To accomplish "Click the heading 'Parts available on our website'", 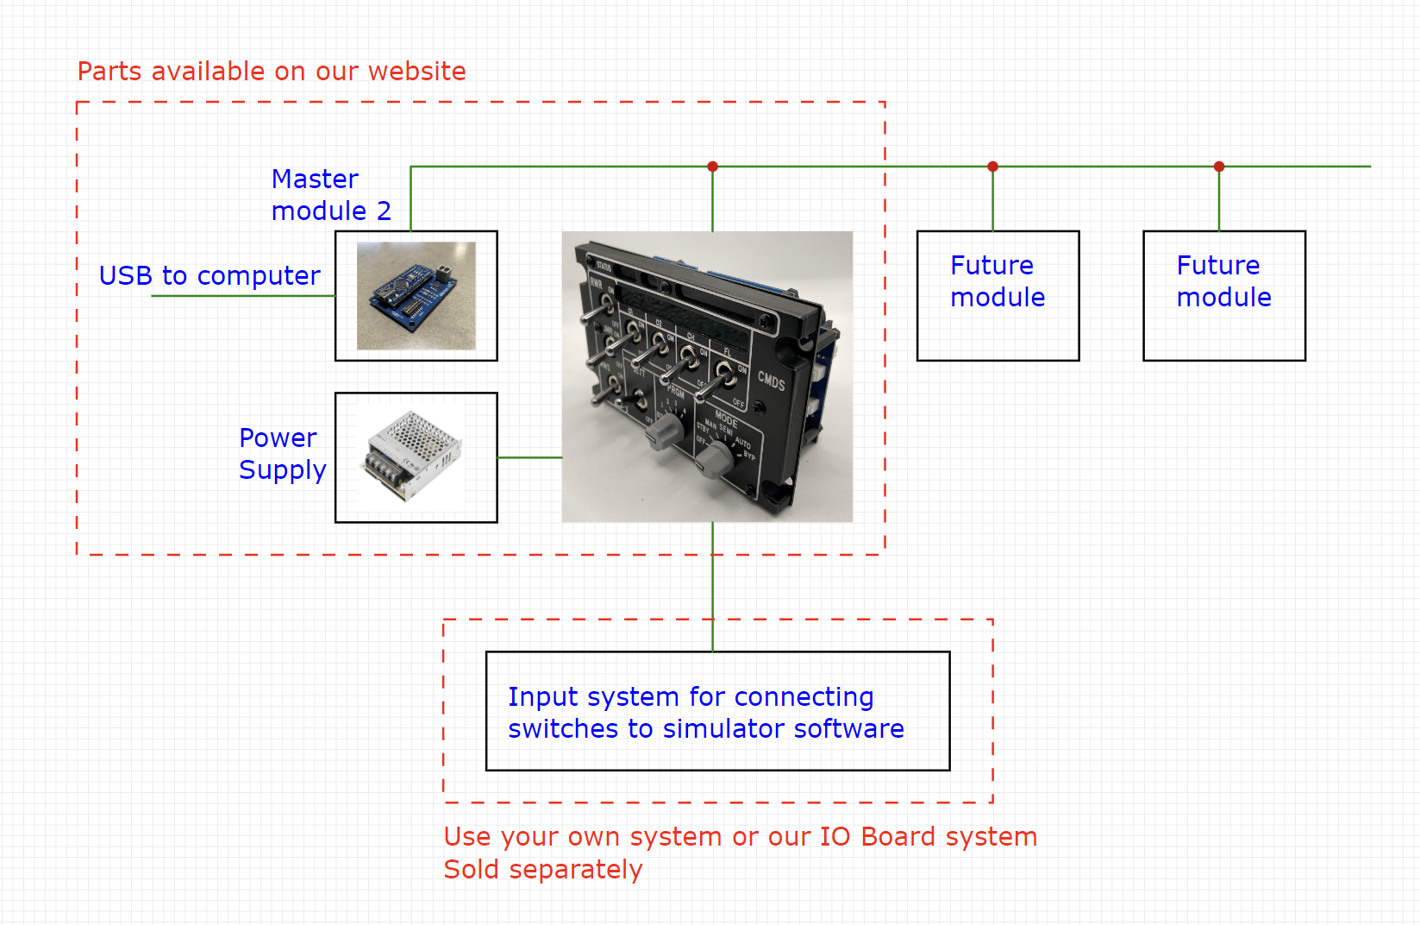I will pyautogui.click(x=272, y=72).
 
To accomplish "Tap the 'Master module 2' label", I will pyautogui.click(x=330, y=195).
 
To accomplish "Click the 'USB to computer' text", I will pyautogui.click(x=210, y=276).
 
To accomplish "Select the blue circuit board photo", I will pyautogui.click(x=416, y=295).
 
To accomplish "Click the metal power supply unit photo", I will pyautogui.click(x=415, y=455).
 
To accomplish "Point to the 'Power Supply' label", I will pyautogui.click(x=282, y=454).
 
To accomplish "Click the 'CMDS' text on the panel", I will pyautogui.click(x=771, y=381).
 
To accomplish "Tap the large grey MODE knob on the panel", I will pyautogui.click(x=714, y=459).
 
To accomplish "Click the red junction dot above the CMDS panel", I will pyautogui.click(x=712, y=167).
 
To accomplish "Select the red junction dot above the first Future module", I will pyautogui.click(x=992, y=167).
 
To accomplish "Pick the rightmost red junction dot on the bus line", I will pyautogui.click(x=1218, y=167).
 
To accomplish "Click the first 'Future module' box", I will pyautogui.click(x=998, y=295).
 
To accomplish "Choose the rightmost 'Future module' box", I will pyautogui.click(x=1223, y=295).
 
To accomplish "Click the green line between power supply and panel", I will pyautogui.click(x=529, y=457).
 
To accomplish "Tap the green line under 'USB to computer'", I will pyautogui.click(x=241, y=296).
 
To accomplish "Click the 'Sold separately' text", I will pyautogui.click(x=542, y=870).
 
